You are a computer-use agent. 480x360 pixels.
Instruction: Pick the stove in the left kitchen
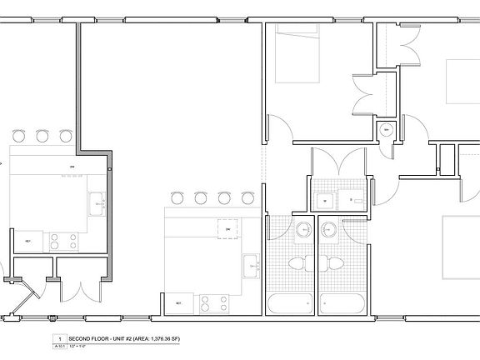click(63, 242)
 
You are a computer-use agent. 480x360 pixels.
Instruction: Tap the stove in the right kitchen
click(212, 303)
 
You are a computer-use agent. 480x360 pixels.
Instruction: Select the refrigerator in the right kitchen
click(177, 302)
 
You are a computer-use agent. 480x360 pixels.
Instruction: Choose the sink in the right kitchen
click(250, 267)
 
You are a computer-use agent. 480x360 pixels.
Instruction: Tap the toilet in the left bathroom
click(296, 265)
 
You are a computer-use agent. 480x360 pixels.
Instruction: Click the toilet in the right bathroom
click(336, 265)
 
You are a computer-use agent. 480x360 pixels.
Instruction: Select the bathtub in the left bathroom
click(291, 303)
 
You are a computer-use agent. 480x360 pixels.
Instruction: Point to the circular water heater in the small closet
click(386, 130)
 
